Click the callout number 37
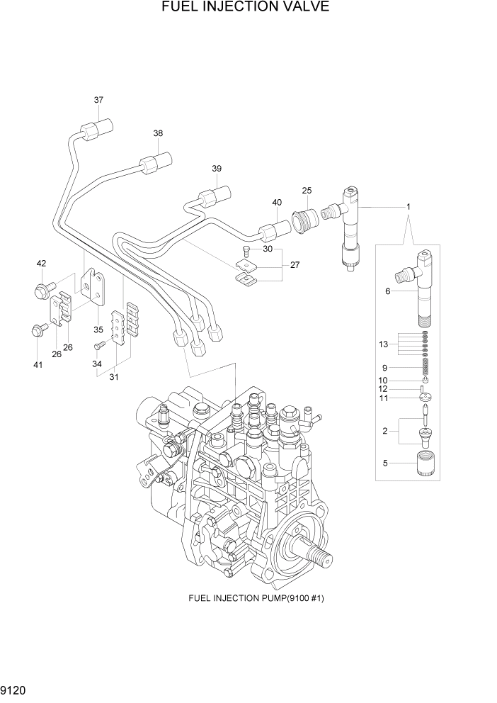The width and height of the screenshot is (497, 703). click(x=98, y=100)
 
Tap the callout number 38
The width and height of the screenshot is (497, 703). click(x=158, y=133)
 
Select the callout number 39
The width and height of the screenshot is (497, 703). click(x=217, y=169)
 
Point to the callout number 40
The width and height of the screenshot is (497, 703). click(x=277, y=203)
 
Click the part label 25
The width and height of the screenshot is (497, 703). click(x=307, y=191)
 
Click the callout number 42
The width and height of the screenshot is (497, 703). click(x=41, y=264)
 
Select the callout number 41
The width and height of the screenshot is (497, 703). click(x=38, y=365)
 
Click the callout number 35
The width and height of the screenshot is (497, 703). click(x=98, y=330)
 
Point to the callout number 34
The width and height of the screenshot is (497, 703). click(x=97, y=364)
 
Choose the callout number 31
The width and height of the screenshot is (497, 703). click(x=113, y=377)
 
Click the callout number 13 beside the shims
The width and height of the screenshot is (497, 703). click(x=384, y=344)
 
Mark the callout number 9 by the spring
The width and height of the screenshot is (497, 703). click(x=384, y=368)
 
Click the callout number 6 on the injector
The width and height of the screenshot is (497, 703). click(x=387, y=291)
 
